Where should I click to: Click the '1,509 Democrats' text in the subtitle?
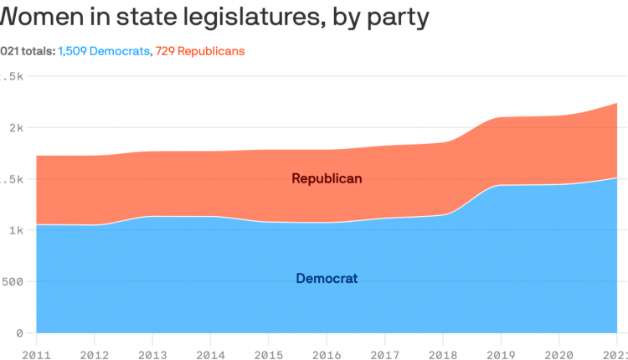(104, 51)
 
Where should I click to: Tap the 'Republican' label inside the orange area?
(327, 178)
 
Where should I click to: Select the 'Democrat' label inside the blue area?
(327, 278)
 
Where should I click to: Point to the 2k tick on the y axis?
(13, 127)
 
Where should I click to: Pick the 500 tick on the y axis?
(12, 281)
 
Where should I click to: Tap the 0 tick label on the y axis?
(18, 332)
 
